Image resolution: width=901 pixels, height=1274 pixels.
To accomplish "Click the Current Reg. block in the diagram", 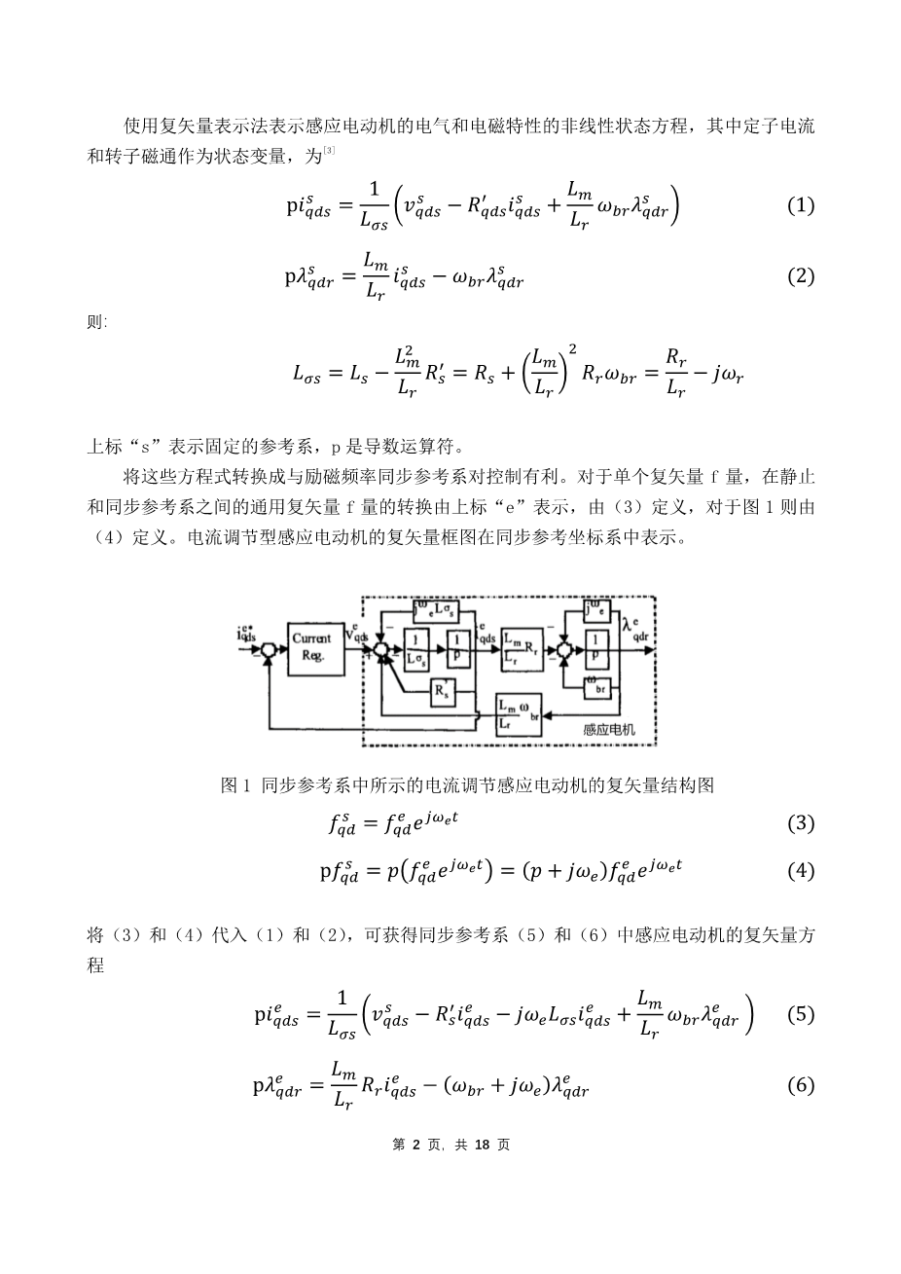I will [312, 647].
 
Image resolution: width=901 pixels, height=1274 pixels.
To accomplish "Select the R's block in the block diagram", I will [444, 692].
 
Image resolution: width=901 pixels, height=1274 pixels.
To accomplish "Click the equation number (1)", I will [800, 206].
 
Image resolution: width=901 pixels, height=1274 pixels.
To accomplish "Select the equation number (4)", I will [800, 871].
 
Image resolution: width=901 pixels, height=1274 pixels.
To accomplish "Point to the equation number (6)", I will [800, 1085].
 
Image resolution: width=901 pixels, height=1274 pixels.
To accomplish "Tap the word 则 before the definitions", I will [95, 323].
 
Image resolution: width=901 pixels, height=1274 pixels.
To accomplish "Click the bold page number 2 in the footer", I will [416, 1145].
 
